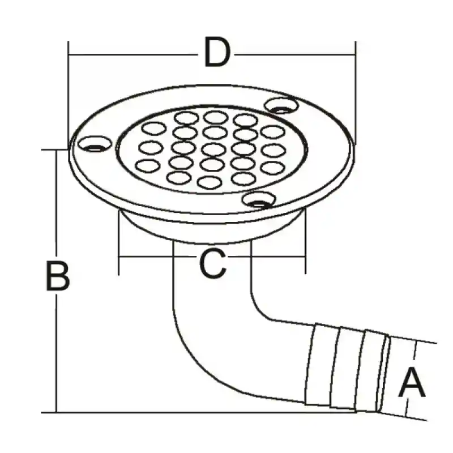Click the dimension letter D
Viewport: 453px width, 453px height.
point(217,52)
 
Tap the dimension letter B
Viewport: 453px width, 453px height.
point(58,275)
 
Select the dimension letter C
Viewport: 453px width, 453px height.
point(213,263)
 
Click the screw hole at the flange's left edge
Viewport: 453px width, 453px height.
point(95,144)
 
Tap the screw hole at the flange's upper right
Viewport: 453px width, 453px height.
point(281,105)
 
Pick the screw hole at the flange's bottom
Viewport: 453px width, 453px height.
point(259,200)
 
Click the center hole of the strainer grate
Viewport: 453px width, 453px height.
point(214,149)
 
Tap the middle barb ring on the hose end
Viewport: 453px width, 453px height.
point(347,369)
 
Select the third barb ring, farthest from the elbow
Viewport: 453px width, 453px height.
point(372,371)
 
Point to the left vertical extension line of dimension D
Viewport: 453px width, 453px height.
point(69,95)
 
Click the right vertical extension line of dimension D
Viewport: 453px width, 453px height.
point(356,93)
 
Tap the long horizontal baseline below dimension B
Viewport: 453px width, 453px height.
point(199,413)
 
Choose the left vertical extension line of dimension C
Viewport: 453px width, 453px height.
point(119,243)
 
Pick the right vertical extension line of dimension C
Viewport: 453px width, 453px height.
point(306,242)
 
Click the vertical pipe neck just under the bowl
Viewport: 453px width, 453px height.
point(212,268)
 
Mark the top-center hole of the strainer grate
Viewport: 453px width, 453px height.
point(216,117)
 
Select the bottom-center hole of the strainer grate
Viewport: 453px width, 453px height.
point(210,182)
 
